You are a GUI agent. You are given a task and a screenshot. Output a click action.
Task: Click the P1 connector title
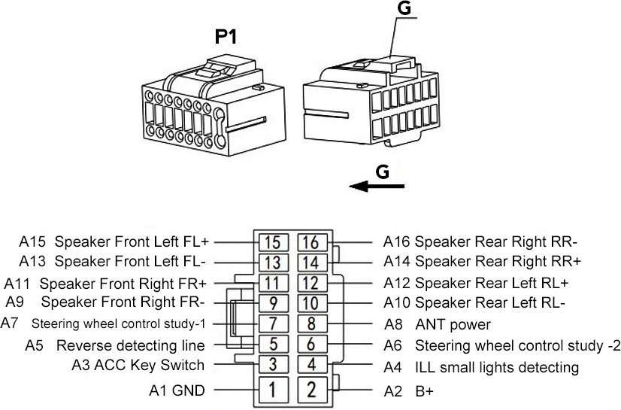226,37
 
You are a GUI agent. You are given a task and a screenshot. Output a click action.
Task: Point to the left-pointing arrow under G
377,185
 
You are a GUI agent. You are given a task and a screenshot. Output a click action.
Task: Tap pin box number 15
273,242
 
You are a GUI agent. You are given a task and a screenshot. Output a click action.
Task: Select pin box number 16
313,242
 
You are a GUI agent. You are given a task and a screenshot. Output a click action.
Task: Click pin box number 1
273,389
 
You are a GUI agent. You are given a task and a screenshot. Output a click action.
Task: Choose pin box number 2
313,389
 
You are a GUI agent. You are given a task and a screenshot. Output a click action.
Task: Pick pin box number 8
313,323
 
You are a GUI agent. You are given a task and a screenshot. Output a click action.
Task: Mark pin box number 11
273,283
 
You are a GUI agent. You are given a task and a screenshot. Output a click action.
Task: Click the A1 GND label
177,390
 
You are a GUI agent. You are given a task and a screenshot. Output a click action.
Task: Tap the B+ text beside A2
425,391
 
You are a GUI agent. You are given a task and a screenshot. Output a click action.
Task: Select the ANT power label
453,325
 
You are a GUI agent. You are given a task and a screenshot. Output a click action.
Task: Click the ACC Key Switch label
150,365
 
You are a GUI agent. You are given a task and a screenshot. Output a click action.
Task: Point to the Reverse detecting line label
131,345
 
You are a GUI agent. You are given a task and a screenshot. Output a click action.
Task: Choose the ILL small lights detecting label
497,368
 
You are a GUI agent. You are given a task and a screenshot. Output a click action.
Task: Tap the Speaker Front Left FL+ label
132,241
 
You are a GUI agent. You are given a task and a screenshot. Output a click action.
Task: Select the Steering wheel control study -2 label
518,346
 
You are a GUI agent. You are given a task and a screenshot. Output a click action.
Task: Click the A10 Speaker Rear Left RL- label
474,303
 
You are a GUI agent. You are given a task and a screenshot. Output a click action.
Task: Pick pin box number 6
313,345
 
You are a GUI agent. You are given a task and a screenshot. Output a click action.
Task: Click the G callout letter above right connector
404,8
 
